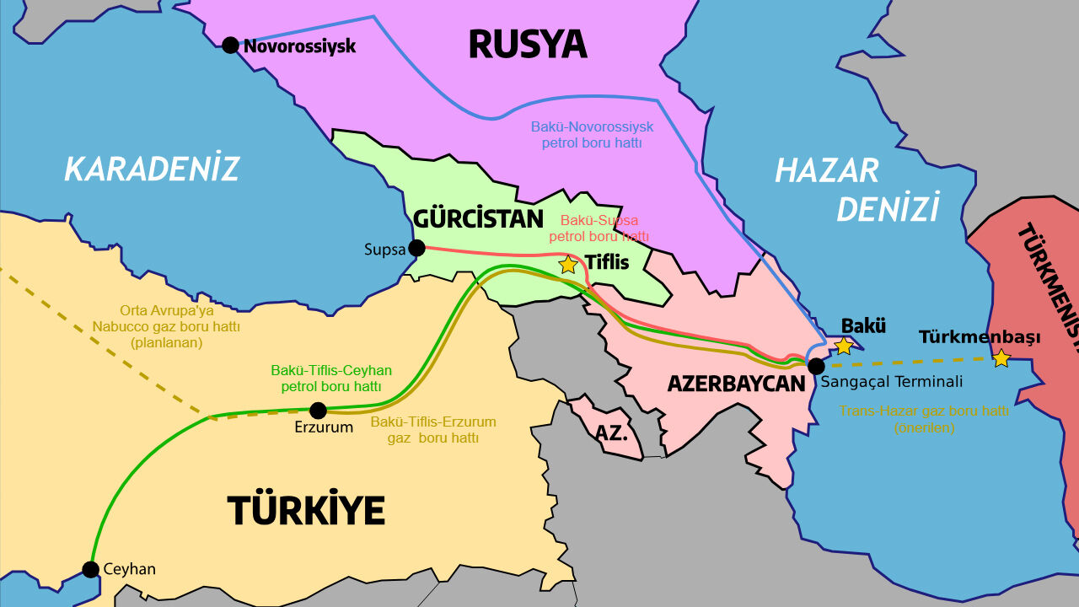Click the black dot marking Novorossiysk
[x=230, y=45]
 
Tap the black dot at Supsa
[x=416, y=248]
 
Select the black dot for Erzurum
[x=318, y=411]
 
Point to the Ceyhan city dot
[x=91, y=569]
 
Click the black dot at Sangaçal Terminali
[x=816, y=366]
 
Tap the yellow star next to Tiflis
[x=568, y=265]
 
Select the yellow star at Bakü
[x=843, y=346]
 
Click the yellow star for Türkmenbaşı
[x=1001, y=358]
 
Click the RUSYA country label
[x=527, y=44]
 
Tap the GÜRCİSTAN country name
[x=478, y=219]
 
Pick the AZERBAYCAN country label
[x=736, y=384]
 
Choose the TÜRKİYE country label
[x=306, y=510]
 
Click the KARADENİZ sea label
[x=152, y=169]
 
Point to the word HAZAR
[x=826, y=171]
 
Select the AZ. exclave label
[x=611, y=433]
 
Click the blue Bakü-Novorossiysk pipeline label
[x=593, y=135]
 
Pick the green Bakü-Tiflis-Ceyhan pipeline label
[x=331, y=379]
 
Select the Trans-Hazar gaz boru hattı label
[x=924, y=419]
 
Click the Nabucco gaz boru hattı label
[x=167, y=326]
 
